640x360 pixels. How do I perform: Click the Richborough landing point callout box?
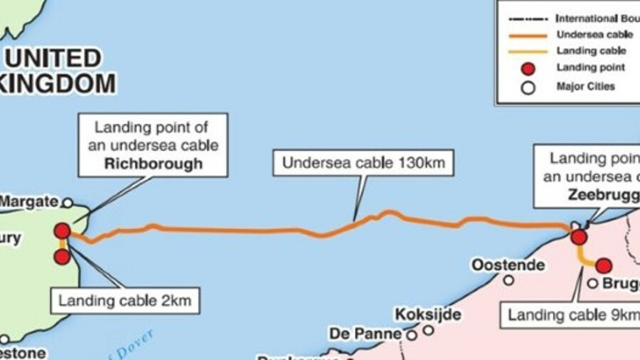153,144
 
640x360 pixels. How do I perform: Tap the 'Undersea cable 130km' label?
363,163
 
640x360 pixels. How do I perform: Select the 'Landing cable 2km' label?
124,300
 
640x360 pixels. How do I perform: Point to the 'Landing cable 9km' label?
569,314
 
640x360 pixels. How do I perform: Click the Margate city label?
28,202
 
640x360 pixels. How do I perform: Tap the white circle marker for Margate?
68,203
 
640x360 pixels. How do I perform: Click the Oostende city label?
508,265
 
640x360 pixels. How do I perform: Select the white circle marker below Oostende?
508,280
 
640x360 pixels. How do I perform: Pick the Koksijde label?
428,314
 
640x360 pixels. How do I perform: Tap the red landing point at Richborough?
63,231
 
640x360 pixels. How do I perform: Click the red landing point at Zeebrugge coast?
579,237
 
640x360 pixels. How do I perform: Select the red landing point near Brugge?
604,266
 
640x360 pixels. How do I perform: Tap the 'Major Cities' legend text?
585,87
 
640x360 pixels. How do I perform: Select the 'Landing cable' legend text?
591,51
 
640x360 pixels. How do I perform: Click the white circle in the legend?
528,88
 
